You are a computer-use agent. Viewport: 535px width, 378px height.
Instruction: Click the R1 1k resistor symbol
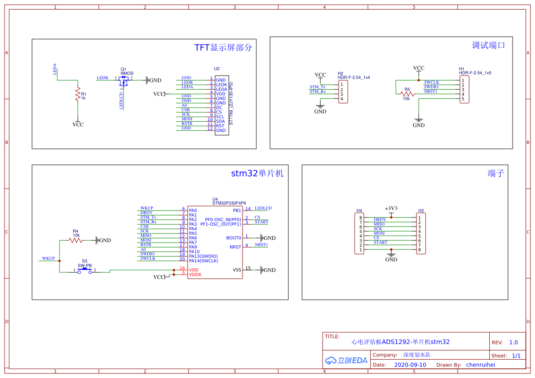click(x=78, y=94)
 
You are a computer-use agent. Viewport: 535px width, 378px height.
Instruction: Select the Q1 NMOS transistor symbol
click(x=123, y=81)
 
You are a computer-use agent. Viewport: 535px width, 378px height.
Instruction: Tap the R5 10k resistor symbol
click(x=406, y=94)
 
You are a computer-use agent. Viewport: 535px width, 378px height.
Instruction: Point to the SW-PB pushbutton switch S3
click(x=84, y=271)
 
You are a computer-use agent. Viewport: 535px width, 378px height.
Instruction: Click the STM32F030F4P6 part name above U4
click(x=229, y=203)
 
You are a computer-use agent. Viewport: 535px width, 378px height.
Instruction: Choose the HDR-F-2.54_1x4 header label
click(x=353, y=77)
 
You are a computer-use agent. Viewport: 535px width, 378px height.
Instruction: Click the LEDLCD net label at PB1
click(x=263, y=208)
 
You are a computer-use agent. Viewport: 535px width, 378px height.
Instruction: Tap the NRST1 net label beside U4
click(x=262, y=245)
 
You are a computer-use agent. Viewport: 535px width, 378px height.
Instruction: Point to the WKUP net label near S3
click(x=49, y=259)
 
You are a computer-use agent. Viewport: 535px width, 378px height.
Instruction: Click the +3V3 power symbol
click(x=391, y=208)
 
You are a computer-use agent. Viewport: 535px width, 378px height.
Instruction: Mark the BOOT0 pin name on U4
click(x=233, y=238)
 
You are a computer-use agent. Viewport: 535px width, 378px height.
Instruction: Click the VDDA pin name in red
click(x=195, y=275)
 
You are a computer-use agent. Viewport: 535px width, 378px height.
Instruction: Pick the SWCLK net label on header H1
click(x=431, y=82)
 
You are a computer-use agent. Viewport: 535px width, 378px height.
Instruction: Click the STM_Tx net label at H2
click(x=318, y=87)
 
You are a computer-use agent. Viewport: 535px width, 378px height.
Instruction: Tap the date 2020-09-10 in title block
click(x=410, y=365)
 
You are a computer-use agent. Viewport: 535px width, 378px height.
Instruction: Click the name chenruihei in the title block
click(x=480, y=365)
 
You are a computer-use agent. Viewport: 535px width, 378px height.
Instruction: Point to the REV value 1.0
click(x=513, y=342)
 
